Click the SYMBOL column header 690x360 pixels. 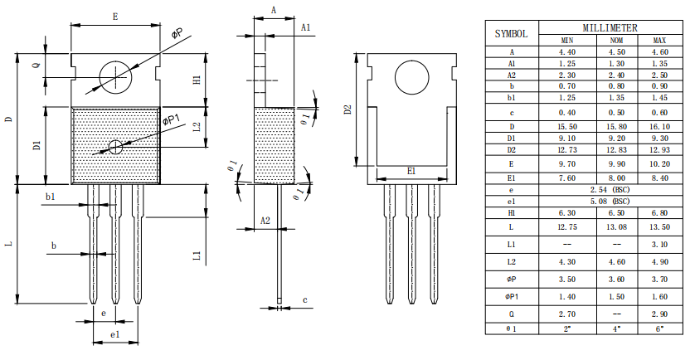coord(511,34)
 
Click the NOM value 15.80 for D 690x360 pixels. coord(615,125)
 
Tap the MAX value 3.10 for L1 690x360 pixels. coord(660,244)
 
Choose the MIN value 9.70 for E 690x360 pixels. coord(566,164)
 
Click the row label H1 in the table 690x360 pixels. coord(511,213)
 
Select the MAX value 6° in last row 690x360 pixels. coord(660,328)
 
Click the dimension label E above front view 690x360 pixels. coord(114,17)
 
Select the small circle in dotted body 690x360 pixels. coord(115,146)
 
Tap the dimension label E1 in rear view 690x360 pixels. coord(411,171)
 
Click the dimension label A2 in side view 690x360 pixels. coord(265,221)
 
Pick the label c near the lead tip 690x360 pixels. coord(304,299)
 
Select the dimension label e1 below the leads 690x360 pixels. coord(115,333)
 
